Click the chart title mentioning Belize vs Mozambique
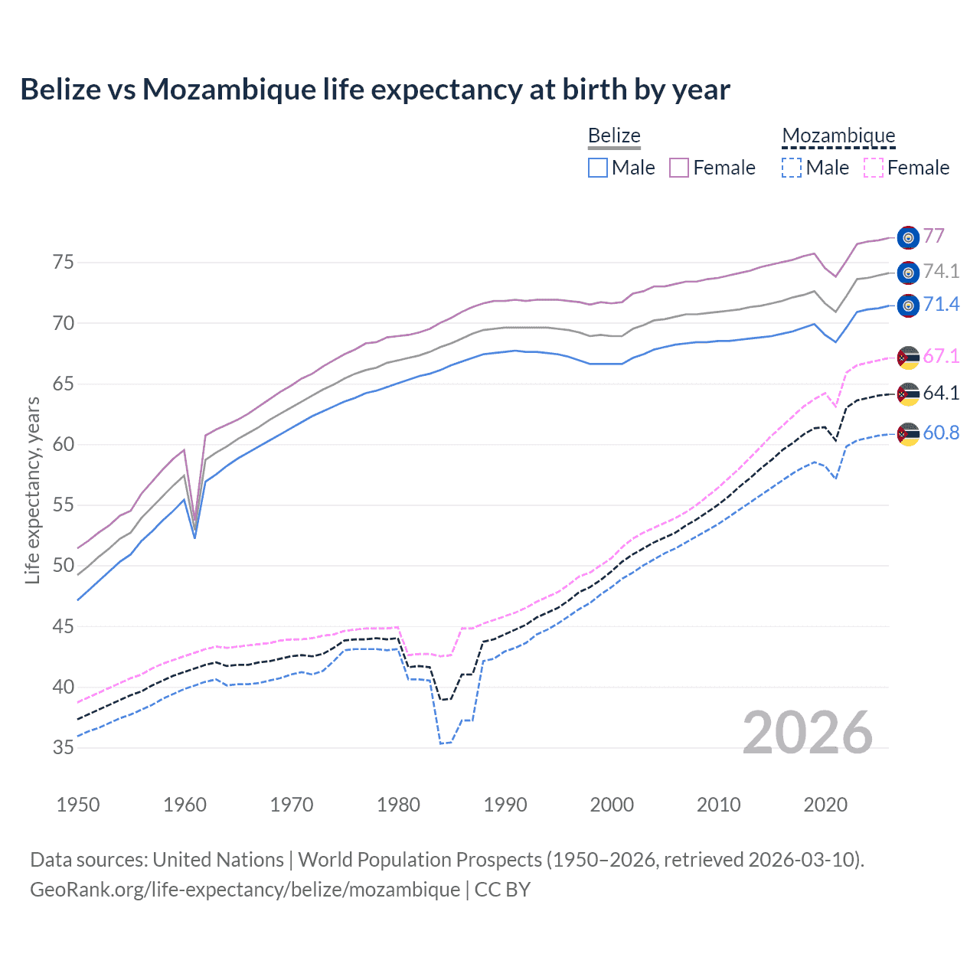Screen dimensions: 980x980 [375, 90]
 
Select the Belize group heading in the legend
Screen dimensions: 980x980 [614, 136]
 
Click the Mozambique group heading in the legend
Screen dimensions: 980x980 [838, 136]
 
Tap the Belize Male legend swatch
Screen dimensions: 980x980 [598, 168]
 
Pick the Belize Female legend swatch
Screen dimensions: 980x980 [679, 168]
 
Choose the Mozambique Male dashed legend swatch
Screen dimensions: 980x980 [792, 168]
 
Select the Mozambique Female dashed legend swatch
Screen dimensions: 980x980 [873, 168]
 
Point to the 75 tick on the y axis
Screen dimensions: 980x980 [64, 263]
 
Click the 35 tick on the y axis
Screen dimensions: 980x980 [64, 747]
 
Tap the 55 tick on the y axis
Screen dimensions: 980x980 [64, 505]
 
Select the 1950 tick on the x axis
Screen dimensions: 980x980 [78, 805]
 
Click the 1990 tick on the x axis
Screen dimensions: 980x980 [505, 805]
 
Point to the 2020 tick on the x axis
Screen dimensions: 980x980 [825, 805]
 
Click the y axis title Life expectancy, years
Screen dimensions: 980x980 [32, 490]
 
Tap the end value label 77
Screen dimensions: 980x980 [933, 236]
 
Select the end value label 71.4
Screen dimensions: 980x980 [941, 305]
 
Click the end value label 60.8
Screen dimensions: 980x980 [941, 433]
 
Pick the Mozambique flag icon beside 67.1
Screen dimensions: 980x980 [908, 357]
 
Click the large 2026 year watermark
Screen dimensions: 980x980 [808, 733]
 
